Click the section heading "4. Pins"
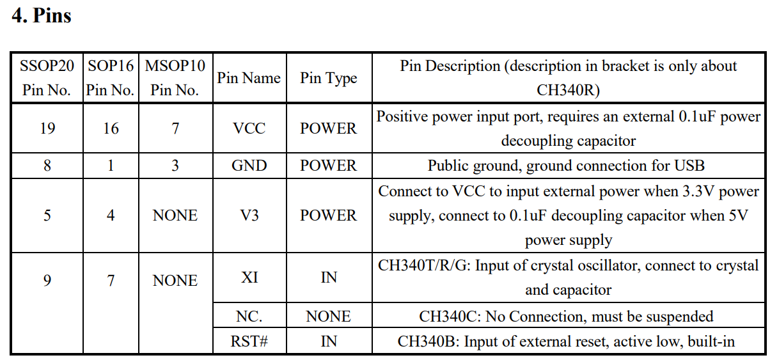pyautogui.click(x=42, y=15)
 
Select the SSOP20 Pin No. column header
pyautogui.click(x=47, y=78)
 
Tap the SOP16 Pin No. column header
pyautogui.click(x=111, y=78)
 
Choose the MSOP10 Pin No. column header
pyautogui.click(x=175, y=78)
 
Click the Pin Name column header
pyautogui.click(x=249, y=78)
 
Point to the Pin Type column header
pyautogui.click(x=329, y=79)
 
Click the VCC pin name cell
pyautogui.click(x=249, y=129)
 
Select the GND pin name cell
pyautogui.click(x=249, y=166)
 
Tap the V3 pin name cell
pyautogui.click(x=249, y=215)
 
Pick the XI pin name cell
pyautogui.click(x=249, y=278)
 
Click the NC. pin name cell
pyautogui.click(x=249, y=317)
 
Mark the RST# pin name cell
pyautogui.click(x=249, y=341)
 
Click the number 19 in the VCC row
pyautogui.click(x=47, y=129)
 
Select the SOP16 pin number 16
pyautogui.click(x=111, y=129)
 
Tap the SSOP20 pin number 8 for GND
pyautogui.click(x=47, y=166)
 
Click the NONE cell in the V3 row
pyautogui.click(x=175, y=215)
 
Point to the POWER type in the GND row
pyautogui.click(x=329, y=166)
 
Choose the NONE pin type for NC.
pyautogui.click(x=329, y=317)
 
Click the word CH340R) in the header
pyautogui.click(x=568, y=90)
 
